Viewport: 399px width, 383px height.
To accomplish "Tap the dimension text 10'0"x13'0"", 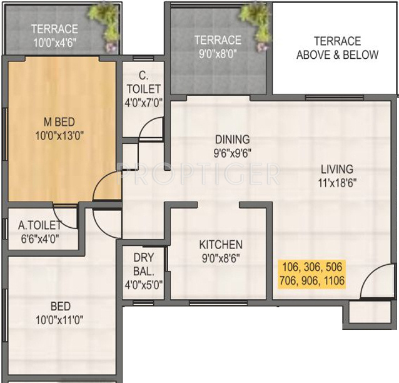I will (61, 133).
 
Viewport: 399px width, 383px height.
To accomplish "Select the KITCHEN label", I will (221, 245).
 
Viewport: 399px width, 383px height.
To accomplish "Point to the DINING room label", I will (232, 140).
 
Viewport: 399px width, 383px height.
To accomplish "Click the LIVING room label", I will (337, 169).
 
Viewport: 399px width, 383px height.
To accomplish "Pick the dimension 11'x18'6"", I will (337, 183).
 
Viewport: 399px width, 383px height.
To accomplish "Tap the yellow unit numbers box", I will (313, 274).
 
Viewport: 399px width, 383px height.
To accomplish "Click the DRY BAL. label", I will (143, 264).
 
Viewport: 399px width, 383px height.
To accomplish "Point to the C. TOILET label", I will (143, 83).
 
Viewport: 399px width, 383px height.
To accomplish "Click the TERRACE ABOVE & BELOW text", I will (337, 48).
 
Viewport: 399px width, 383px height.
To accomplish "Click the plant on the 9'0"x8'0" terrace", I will (255, 19).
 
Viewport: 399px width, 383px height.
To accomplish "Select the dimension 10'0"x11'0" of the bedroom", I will (61, 320).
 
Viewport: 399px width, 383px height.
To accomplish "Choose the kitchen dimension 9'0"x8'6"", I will (221, 257).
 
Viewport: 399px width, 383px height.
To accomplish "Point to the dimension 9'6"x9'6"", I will (232, 152).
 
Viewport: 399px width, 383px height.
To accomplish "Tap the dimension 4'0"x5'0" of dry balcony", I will (143, 284).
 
